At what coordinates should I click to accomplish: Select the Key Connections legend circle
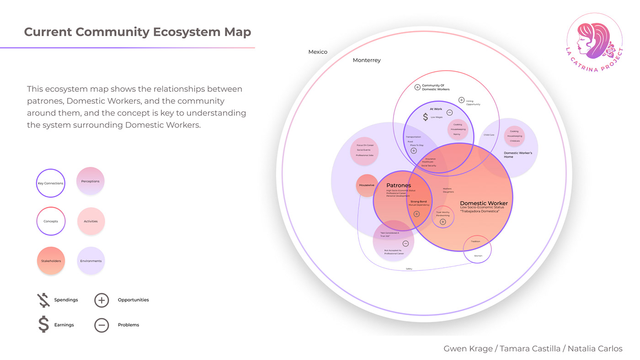coord(51,183)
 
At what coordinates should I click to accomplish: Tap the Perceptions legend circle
coord(91,181)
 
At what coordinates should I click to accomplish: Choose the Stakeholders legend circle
coord(51,261)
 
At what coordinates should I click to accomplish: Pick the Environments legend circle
coord(91,261)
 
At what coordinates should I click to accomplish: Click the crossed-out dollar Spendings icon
coord(43,300)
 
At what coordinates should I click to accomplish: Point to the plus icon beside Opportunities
coord(101,300)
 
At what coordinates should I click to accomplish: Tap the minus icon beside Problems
coord(101,325)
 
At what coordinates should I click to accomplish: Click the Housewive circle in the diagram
coord(367,185)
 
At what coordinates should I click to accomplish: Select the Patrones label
coord(399,185)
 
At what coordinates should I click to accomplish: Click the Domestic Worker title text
coord(484,203)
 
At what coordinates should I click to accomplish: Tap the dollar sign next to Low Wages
coord(425,117)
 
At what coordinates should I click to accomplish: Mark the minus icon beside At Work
coord(449,112)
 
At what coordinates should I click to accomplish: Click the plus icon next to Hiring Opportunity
coord(461,100)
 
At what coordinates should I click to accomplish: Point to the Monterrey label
coord(367,60)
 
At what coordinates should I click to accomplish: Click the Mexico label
coord(318,52)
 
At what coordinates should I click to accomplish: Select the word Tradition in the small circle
coord(475,241)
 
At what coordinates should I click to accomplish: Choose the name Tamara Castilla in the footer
coord(530,349)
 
